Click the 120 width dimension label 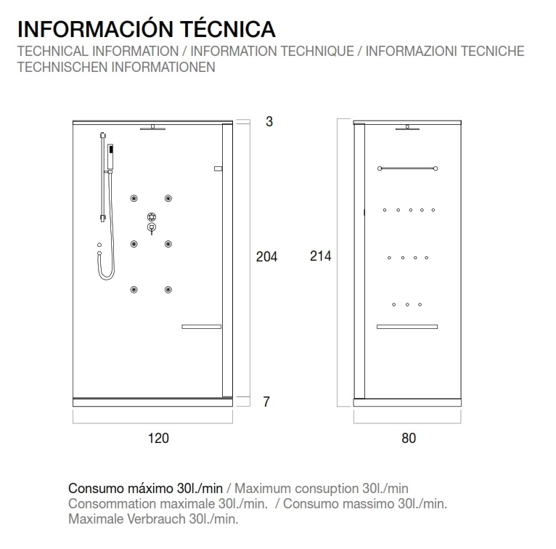pyautogui.click(x=158, y=438)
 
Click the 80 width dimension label pyautogui.click(x=408, y=438)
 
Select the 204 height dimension pyautogui.click(x=267, y=256)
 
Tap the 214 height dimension pyautogui.click(x=320, y=256)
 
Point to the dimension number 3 pyautogui.click(x=269, y=122)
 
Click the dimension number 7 pyautogui.click(x=266, y=402)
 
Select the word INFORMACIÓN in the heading pyautogui.click(x=86, y=29)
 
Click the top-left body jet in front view pyautogui.click(x=134, y=199)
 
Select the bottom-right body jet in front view pyautogui.click(x=168, y=290)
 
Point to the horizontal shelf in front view pyautogui.click(x=202, y=327)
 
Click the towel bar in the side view pyautogui.click(x=407, y=169)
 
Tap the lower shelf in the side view pyautogui.click(x=407, y=328)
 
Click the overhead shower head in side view pyautogui.click(x=408, y=130)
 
